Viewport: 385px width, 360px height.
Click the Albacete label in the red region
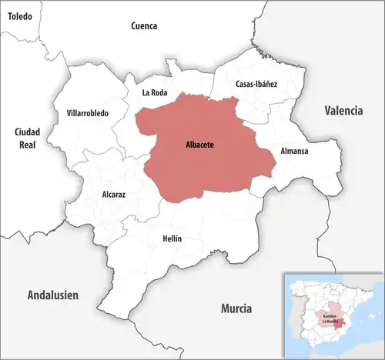point(199,144)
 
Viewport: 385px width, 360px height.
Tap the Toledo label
point(20,15)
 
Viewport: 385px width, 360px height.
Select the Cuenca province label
point(144,25)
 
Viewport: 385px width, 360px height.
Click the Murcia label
point(236,308)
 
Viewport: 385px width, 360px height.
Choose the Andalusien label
point(53,295)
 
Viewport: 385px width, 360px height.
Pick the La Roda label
point(154,92)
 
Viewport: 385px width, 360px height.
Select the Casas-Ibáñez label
point(257,84)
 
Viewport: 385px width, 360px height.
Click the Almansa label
point(294,151)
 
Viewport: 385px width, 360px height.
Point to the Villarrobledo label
point(88,113)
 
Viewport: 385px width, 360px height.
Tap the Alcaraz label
point(114,195)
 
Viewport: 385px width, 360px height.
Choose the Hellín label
point(172,238)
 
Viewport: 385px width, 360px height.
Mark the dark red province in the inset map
point(342,324)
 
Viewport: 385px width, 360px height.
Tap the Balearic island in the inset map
point(372,316)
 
